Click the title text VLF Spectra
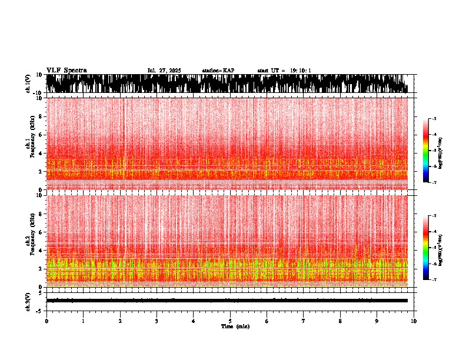click(66, 71)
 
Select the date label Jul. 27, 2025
click(164, 71)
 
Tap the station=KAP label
click(218, 71)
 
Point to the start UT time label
click(284, 71)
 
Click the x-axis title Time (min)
click(235, 326)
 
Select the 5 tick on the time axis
click(230, 321)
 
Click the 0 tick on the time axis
click(46, 321)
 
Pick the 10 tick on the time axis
click(414, 321)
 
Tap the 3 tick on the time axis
click(157, 321)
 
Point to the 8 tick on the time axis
click(341, 321)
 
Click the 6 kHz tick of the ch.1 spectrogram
click(40, 135)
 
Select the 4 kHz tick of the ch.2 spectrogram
click(40, 250)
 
